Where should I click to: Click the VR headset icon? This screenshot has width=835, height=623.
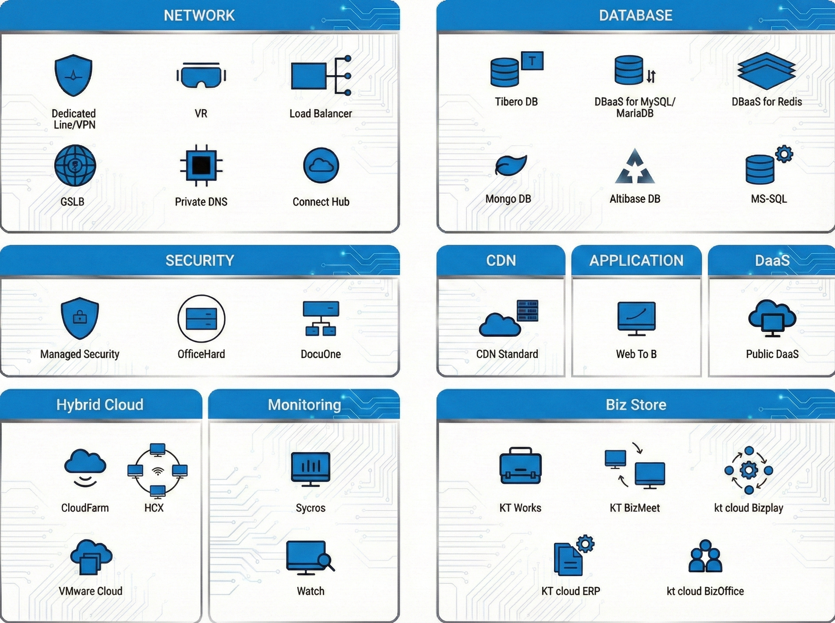(x=201, y=75)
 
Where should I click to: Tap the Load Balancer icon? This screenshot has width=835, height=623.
(x=321, y=76)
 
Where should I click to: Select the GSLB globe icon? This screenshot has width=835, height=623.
(x=75, y=165)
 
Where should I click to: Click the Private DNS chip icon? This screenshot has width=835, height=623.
(x=201, y=165)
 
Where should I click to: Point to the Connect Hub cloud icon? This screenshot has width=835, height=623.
(x=321, y=165)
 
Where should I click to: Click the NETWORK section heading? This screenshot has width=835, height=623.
(x=199, y=15)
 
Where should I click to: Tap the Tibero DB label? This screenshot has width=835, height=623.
(x=516, y=102)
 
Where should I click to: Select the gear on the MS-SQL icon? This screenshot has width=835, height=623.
(x=784, y=154)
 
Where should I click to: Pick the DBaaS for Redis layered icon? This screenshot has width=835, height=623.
(x=766, y=71)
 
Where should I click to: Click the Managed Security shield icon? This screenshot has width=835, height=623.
(x=80, y=318)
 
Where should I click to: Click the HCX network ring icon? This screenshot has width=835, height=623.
(x=157, y=471)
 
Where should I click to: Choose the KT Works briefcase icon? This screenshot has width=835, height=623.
(x=520, y=467)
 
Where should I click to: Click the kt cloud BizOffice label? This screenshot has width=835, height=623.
(x=705, y=591)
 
